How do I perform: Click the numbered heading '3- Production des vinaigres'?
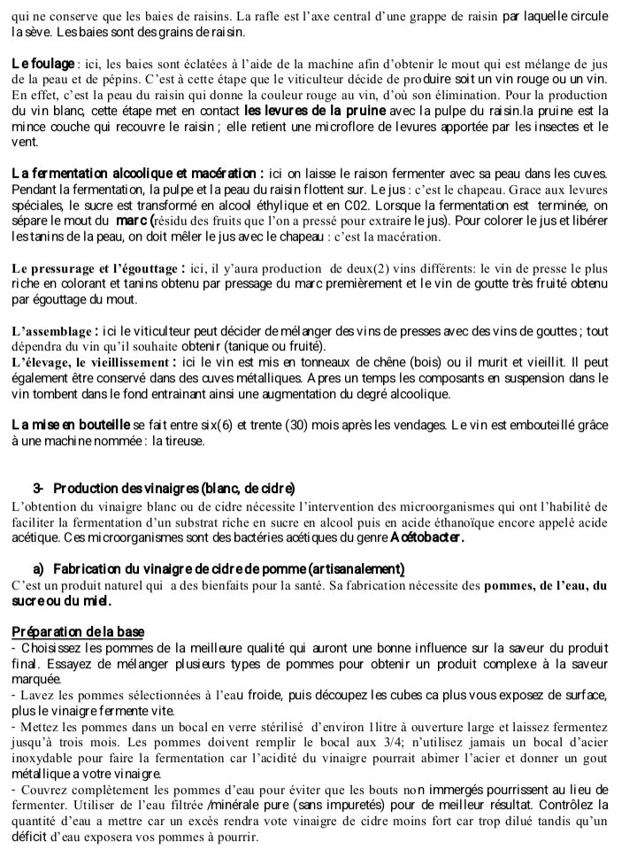(x=164, y=489)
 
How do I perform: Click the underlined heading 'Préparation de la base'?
(x=78, y=631)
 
